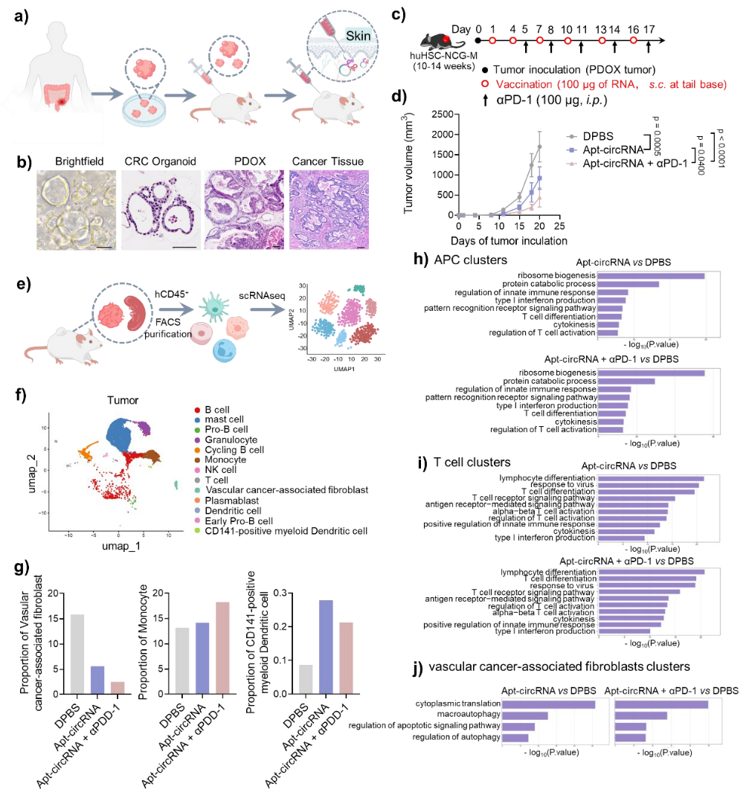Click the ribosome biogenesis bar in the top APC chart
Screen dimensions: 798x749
[651, 277]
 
